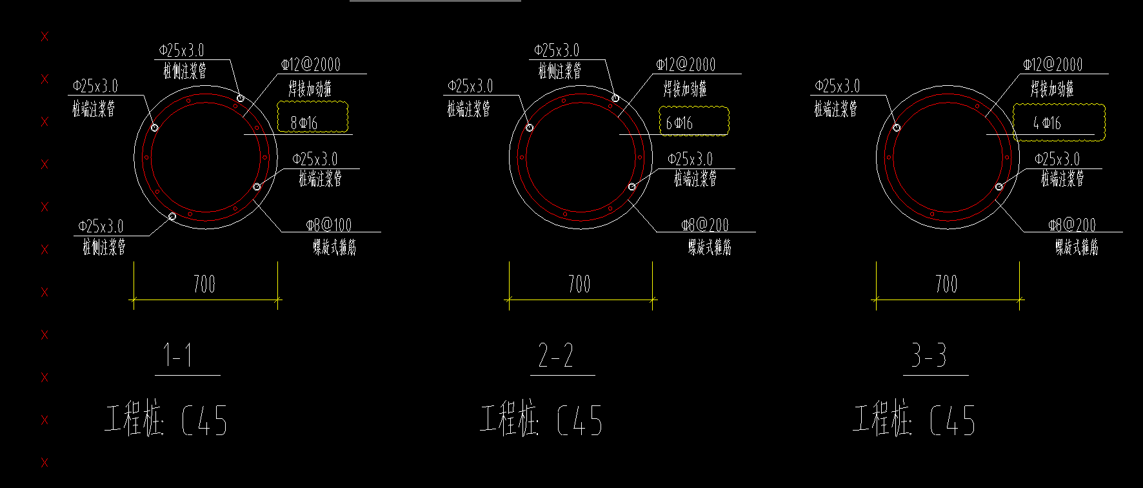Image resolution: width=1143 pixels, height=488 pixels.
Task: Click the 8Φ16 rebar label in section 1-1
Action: (x=304, y=123)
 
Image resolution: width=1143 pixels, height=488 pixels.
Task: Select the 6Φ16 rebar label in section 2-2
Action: (x=679, y=123)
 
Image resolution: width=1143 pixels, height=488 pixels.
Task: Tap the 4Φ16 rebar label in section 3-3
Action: (x=1047, y=123)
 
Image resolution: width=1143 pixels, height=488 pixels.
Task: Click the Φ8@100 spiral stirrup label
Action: (x=329, y=225)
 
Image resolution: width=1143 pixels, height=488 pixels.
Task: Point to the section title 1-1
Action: (x=178, y=356)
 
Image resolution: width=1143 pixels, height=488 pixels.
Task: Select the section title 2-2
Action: (x=555, y=356)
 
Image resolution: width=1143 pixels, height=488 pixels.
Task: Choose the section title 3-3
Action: (x=929, y=356)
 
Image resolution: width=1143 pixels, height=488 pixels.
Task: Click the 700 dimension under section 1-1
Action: (x=204, y=284)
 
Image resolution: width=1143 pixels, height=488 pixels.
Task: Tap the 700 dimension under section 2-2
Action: (x=579, y=284)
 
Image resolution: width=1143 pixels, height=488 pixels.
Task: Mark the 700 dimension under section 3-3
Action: (x=946, y=284)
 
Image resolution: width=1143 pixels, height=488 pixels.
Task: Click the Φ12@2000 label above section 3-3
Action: (x=1053, y=65)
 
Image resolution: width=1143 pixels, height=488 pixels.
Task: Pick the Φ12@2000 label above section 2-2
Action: (x=686, y=65)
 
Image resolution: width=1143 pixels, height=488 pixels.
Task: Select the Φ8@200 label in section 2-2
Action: (x=705, y=225)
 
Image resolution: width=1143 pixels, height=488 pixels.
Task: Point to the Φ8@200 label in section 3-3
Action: (x=1072, y=225)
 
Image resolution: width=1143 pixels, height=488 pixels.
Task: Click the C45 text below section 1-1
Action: (x=204, y=421)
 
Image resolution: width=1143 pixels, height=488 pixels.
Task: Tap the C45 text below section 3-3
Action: (x=953, y=421)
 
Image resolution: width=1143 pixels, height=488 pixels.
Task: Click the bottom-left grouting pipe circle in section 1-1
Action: (x=172, y=216)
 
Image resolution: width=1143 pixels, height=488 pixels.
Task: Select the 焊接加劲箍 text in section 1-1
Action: (x=310, y=89)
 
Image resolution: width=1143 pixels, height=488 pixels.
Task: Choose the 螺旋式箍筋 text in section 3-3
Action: (x=1077, y=247)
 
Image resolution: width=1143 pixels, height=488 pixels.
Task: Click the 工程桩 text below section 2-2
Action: (x=509, y=420)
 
